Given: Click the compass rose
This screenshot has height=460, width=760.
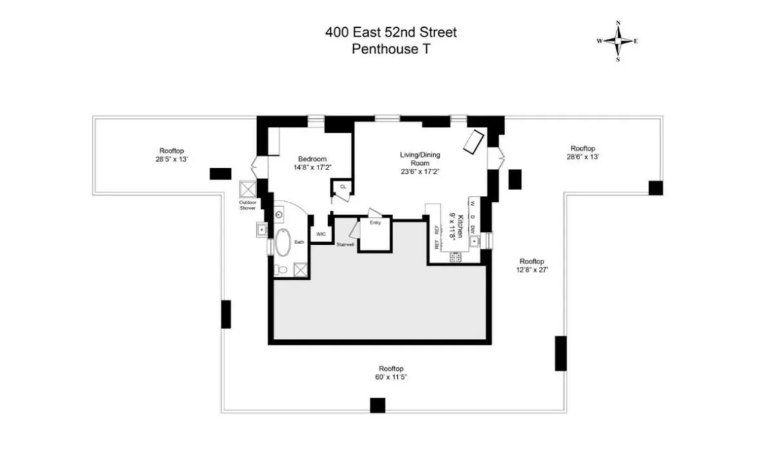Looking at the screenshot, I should click(618, 41).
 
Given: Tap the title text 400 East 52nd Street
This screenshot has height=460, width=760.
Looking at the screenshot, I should click(391, 32).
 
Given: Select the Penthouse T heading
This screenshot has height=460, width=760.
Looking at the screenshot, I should click(391, 49).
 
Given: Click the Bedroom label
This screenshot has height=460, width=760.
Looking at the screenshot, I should click(312, 159).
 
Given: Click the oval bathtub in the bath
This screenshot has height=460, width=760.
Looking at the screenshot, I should click(282, 245).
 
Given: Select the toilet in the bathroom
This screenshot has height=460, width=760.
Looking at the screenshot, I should click(280, 269).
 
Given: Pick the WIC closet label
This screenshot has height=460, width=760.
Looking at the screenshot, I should click(320, 234).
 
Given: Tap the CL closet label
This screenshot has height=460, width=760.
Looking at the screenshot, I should click(343, 187).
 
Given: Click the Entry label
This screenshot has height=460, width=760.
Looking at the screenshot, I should click(375, 223).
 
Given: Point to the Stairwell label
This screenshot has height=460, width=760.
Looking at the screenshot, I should click(345, 244).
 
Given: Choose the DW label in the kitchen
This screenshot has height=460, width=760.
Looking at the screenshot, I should click(473, 229).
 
